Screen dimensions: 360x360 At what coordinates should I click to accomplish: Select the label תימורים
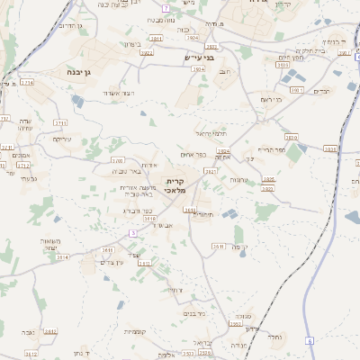[202, 214]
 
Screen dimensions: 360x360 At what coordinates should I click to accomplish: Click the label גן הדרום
[69, 26]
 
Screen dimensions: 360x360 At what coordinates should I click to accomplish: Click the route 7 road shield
[166, 7]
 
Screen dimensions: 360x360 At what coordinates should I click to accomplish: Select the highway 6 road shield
[308, 341]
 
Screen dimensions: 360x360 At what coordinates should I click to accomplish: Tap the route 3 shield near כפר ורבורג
[133, 233]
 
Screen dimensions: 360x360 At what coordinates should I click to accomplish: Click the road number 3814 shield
[62, 256]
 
